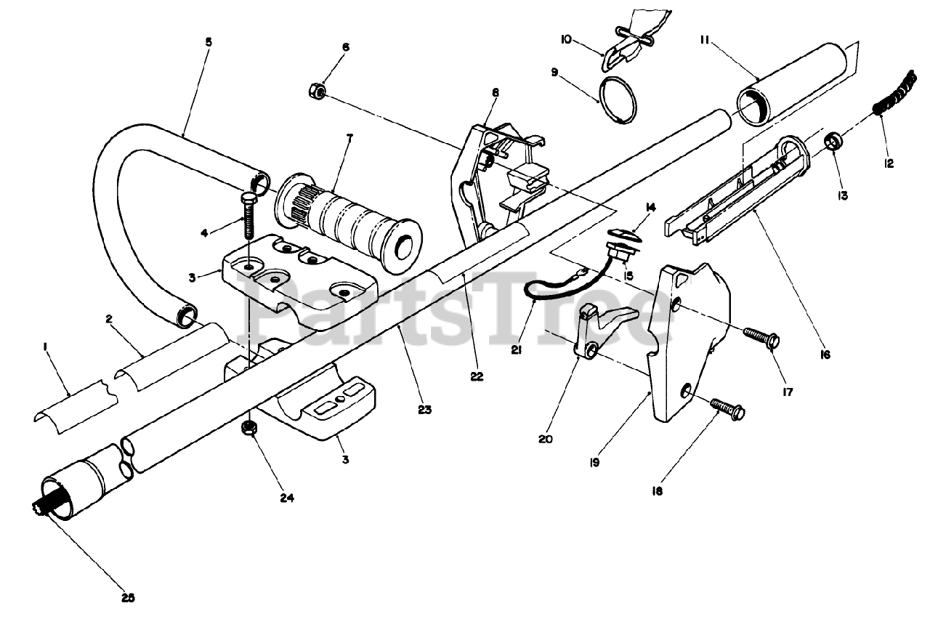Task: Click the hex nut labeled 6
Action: tap(317, 92)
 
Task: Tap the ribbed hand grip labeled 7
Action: tap(349, 222)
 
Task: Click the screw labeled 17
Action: tap(760, 337)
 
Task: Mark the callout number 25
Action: tap(127, 599)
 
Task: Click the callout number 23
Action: tap(424, 410)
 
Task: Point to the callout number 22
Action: tap(477, 377)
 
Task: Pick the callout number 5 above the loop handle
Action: tap(209, 42)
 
